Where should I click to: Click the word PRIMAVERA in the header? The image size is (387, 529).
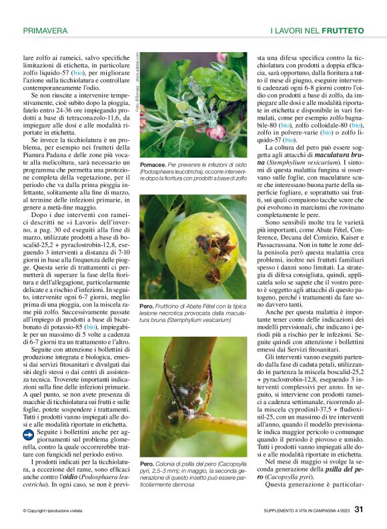45,31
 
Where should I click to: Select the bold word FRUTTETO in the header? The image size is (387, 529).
342,31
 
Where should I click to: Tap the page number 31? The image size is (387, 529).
359,509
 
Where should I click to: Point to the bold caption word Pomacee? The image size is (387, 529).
153,164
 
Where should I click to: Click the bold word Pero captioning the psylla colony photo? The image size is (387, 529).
146,463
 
